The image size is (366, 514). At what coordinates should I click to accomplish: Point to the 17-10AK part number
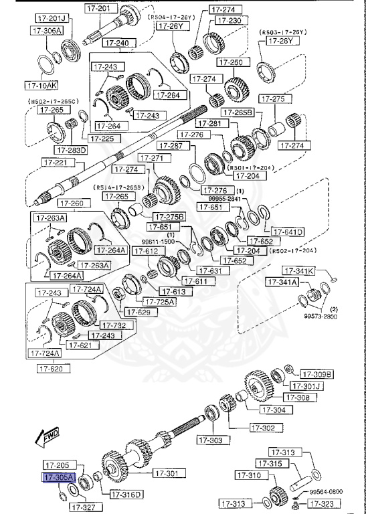point(41,85)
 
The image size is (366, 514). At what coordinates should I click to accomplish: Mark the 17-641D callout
point(288,232)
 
